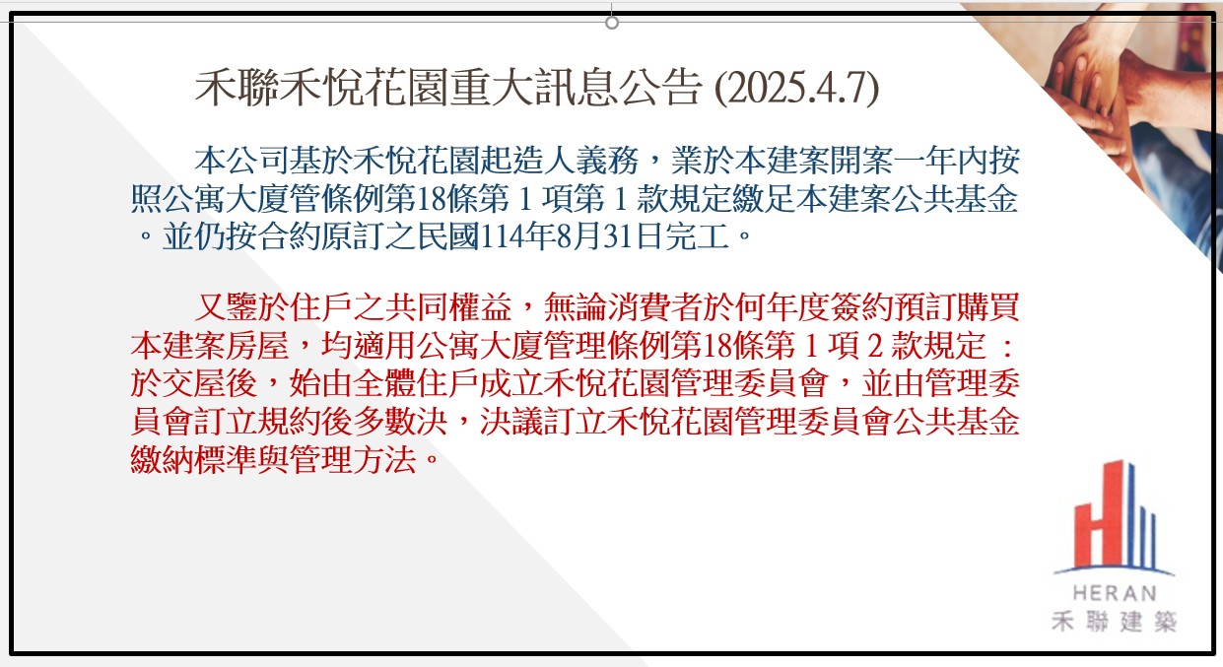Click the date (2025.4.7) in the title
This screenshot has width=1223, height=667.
tap(797, 88)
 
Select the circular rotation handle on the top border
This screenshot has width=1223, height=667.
tap(612, 23)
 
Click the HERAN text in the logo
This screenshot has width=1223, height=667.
tap(1115, 593)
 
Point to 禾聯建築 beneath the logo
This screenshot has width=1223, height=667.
tap(1114, 621)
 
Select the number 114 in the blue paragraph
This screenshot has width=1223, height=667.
tap(498, 237)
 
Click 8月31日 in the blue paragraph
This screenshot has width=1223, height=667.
tap(589, 237)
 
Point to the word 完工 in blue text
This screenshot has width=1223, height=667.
tap(698, 237)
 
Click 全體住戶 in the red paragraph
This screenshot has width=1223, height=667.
tap(417, 383)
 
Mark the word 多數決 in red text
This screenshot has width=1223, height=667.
tap(400, 422)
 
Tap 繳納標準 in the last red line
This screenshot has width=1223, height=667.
tap(194, 460)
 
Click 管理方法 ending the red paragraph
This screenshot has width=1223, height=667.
tap(353, 460)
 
